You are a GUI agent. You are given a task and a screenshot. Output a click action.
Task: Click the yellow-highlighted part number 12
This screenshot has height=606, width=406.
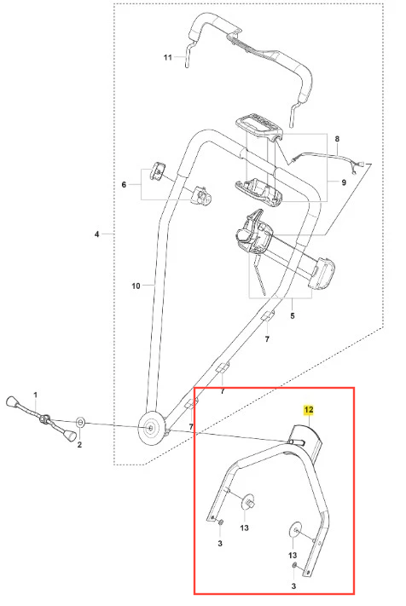(x=309, y=410)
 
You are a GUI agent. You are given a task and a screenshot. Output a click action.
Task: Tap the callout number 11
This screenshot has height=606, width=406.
(x=167, y=58)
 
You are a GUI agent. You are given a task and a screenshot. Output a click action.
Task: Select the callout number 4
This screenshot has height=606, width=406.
(x=96, y=234)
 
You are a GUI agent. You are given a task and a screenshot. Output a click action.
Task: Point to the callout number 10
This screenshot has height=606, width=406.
(x=136, y=286)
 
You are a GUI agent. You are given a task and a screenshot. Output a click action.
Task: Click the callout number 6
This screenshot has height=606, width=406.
(x=124, y=185)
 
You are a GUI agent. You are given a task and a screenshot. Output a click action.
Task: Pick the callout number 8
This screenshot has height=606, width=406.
(x=337, y=139)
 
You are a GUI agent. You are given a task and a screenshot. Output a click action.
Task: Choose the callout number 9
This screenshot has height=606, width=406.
(x=344, y=182)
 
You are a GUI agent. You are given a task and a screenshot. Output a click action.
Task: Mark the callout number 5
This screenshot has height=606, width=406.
(x=293, y=315)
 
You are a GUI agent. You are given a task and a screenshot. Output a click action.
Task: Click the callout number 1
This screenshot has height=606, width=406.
(x=36, y=395)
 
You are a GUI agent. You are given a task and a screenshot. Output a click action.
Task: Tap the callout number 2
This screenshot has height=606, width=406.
(x=79, y=445)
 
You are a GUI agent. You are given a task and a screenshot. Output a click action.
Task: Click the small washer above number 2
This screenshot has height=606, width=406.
(x=80, y=423)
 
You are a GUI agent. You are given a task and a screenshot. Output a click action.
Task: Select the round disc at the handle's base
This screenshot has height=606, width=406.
(x=150, y=428)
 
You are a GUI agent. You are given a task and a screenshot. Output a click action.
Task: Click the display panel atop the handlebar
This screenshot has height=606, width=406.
(x=259, y=126)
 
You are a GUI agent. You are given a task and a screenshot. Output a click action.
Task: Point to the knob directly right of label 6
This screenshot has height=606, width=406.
(x=157, y=171)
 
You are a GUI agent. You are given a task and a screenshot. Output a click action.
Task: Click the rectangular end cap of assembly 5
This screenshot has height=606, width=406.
(x=322, y=273)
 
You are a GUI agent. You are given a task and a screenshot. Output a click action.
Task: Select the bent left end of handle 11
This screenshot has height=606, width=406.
(x=187, y=54)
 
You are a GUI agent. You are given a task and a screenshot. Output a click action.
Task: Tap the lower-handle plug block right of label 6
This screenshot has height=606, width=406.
(x=201, y=195)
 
